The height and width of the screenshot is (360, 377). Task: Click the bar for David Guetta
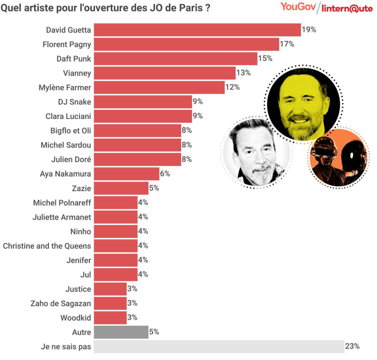[x=197, y=30]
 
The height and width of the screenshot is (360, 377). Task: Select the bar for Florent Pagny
[x=186, y=44]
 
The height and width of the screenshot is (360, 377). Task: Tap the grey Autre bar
[x=121, y=332]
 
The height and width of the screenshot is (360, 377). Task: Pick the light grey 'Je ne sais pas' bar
[x=219, y=346]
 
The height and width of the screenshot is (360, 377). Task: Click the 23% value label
[x=352, y=346]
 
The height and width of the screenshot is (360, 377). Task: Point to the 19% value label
[x=309, y=30]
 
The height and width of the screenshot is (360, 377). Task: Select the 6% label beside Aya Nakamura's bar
[x=165, y=173]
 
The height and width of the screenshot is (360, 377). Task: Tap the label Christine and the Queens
[x=47, y=246]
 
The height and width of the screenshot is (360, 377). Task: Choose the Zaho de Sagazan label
[x=61, y=303]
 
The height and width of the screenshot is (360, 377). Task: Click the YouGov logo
[x=299, y=7]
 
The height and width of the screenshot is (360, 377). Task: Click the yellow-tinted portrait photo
[x=303, y=102]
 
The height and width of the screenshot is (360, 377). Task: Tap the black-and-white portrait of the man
[x=256, y=152]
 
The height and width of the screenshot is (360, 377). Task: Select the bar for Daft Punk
[x=175, y=59]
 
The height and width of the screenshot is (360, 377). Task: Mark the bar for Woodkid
[x=110, y=317]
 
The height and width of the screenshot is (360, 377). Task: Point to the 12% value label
[x=232, y=87]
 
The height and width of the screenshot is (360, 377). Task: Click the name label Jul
[x=86, y=274]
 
